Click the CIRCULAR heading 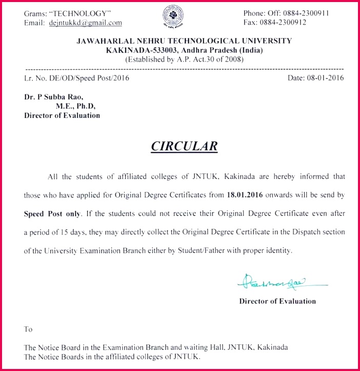(184, 146)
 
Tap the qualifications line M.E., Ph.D (75, 106)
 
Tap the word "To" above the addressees (28, 329)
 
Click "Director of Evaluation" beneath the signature (277, 301)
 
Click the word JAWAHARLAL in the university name (100, 41)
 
